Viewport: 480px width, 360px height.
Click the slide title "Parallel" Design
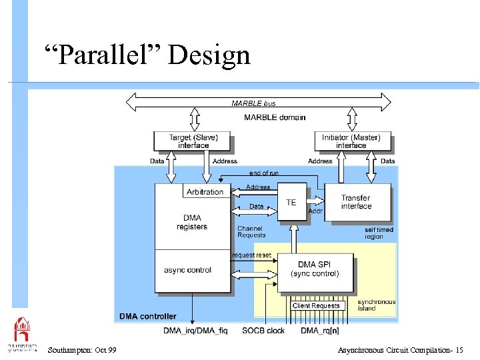147,55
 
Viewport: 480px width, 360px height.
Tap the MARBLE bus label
253,103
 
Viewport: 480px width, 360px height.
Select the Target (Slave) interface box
193,141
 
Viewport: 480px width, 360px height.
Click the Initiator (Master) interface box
351,141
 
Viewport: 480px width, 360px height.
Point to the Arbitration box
205,191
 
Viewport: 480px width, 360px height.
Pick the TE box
291,202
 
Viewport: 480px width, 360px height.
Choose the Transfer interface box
356,202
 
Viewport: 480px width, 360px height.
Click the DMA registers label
192,223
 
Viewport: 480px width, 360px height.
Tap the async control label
187,270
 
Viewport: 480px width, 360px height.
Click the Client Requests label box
316,305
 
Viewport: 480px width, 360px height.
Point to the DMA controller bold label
148,316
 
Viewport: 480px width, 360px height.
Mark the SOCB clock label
263,331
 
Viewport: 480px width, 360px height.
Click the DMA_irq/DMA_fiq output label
195,331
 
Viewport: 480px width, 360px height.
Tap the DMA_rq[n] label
319,331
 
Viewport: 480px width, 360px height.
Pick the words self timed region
379,233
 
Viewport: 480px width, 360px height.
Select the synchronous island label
377,305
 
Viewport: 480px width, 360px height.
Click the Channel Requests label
251,231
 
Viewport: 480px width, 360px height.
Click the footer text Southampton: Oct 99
83,350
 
